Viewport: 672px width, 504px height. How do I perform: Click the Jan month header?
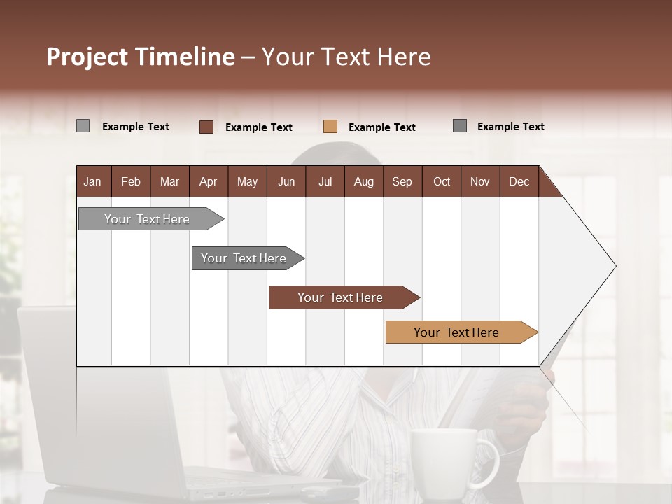pyautogui.click(x=92, y=181)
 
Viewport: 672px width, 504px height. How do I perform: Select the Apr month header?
pyautogui.click(x=208, y=181)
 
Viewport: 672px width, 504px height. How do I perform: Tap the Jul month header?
pyautogui.click(x=325, y=181)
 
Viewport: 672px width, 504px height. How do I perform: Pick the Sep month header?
pyautogui.click(x=402, y=181)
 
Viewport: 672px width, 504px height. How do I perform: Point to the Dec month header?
pyautogui.click(x=519, y=181)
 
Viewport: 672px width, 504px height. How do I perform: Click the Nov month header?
pyautogui.click(x=479, y=181)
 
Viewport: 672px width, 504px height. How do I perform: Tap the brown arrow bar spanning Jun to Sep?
pyautogui.click(x=341, y=297)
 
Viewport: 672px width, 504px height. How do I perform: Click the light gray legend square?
pyautogui.click(x=83, y=126)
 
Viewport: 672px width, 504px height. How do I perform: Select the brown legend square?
pyautogui.click(x=206, y=127)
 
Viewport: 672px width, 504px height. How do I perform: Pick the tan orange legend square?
pyautogui.click(x=330, y=126)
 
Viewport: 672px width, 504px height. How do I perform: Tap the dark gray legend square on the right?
pyautogui.click(x=459, y=126)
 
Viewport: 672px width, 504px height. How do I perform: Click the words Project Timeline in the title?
pyautogui.click(x=140, y=57)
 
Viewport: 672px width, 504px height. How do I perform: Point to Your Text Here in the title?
pyautogui.click(x=346, y=57)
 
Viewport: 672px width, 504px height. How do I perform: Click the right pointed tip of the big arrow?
pyautogui.click(x=614, y=266)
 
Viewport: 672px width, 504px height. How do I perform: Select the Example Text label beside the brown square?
pyautogui.click(x=258, y=127)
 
